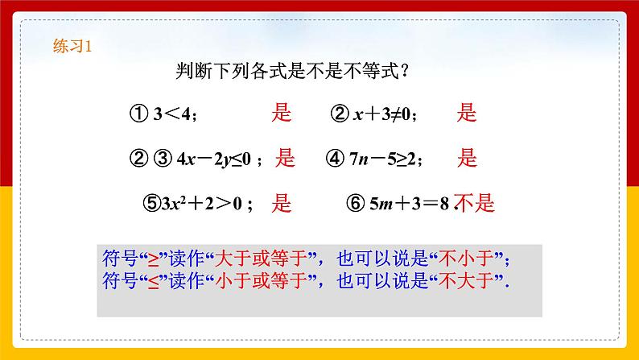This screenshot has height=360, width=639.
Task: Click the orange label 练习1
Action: point(73,47)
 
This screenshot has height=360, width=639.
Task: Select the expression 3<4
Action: point(175,114)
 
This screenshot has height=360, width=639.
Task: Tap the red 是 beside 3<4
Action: point(280,114)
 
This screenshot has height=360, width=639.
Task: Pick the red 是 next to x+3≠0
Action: point(467,114)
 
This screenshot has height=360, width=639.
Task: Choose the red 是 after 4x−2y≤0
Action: point(286,158)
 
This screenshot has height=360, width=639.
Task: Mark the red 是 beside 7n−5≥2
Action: point(467,158)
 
